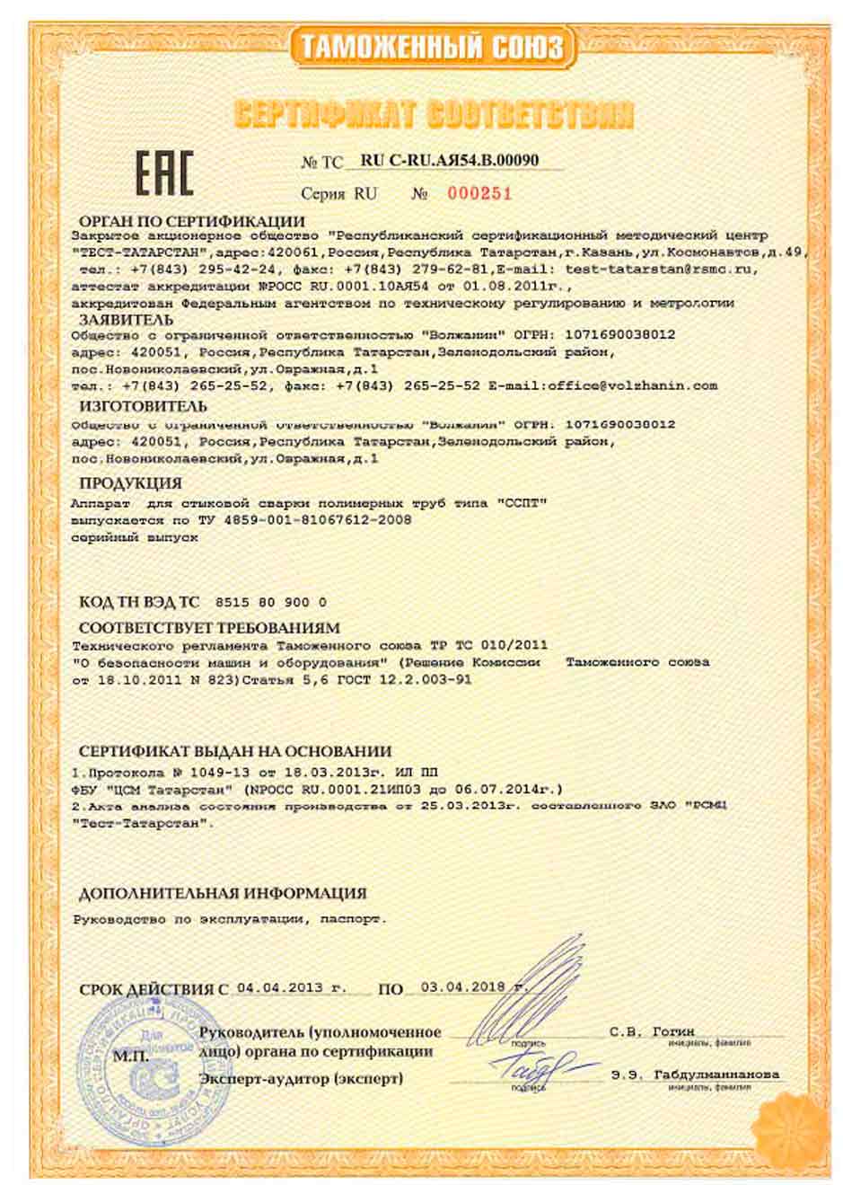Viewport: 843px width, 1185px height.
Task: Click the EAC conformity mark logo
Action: coord(164,174)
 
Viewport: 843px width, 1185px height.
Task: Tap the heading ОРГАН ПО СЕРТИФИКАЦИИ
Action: coord(192,221)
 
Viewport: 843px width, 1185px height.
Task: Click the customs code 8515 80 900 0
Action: coord(272,602)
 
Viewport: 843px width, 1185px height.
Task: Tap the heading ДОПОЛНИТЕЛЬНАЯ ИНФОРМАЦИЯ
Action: coord(223,893)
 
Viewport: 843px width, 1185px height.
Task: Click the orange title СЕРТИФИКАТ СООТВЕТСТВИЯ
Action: coord(434,114)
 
